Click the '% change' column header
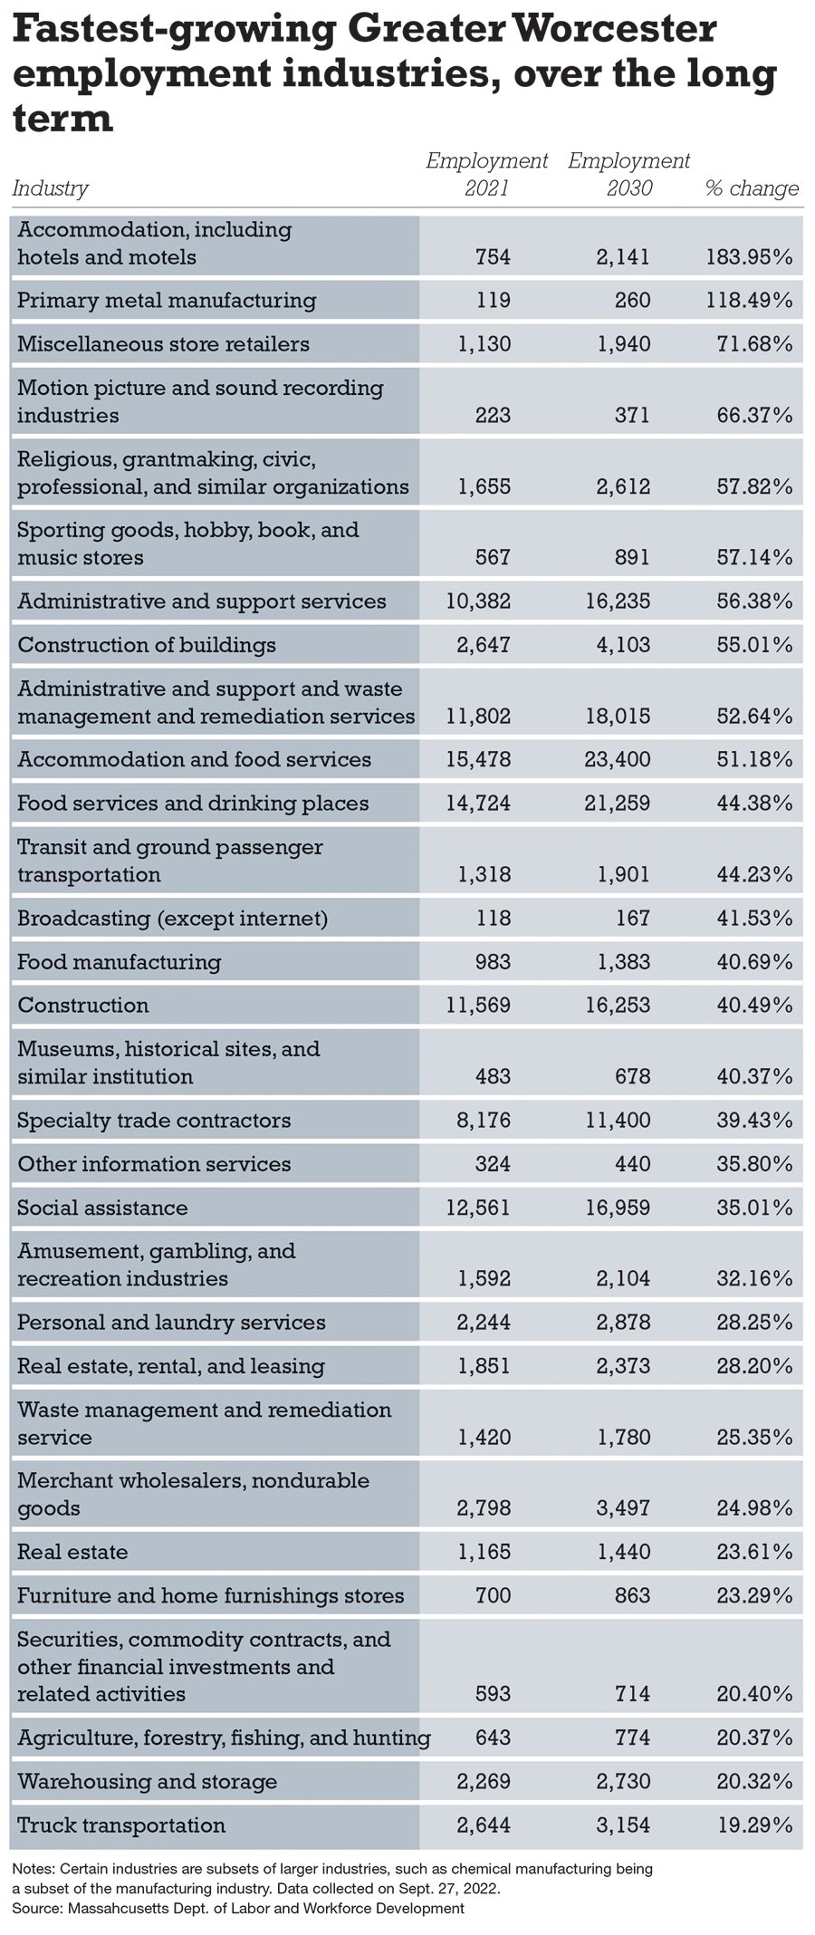pos(751,188)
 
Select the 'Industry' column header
pos(50,188)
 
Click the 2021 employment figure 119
pos(493,301)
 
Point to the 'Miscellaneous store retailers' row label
pos(163,344)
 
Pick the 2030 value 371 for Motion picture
pos(632,416)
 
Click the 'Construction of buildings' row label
pos(147,645)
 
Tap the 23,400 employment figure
pos(618,759)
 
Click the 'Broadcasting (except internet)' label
pos(172,919)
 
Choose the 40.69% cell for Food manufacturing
pos(754,962)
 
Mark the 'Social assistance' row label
pos(102,1208)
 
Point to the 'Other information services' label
pos(154,1164)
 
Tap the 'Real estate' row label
pos(72,1552)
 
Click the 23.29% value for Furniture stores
pos(754,1595)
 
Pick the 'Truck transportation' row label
pos(121,1825)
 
